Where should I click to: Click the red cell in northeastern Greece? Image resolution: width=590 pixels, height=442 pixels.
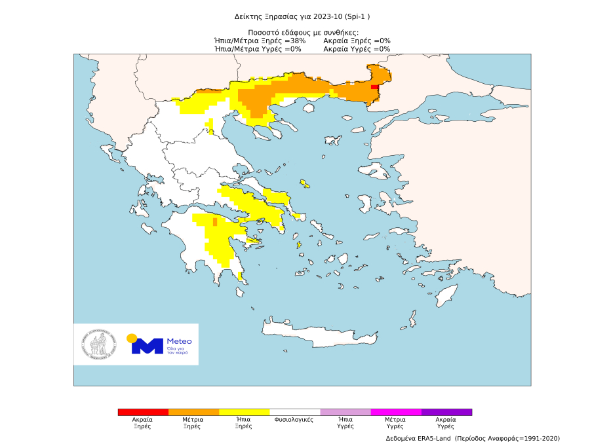374,86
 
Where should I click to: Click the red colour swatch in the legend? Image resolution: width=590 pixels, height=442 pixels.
143,412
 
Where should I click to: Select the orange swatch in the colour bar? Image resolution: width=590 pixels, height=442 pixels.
193,412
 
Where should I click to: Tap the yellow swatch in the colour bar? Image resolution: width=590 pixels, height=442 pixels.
244,412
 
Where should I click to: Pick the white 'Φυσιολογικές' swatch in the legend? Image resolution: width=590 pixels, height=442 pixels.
294,412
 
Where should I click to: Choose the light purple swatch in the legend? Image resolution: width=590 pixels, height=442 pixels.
345,412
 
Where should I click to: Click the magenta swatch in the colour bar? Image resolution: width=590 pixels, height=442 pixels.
396,412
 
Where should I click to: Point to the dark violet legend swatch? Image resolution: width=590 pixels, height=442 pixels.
446,412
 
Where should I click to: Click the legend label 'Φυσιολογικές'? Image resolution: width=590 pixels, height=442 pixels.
294,420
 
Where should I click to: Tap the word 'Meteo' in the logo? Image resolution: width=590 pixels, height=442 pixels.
179,341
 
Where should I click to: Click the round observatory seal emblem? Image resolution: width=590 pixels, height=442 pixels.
98,345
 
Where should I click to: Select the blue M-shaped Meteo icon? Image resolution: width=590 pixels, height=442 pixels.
147,346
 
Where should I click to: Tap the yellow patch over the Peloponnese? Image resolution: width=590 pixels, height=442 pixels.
216,239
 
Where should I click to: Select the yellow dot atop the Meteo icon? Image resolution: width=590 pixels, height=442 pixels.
132,339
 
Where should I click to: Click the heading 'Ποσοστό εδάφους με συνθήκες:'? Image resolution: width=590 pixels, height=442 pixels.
304,32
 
